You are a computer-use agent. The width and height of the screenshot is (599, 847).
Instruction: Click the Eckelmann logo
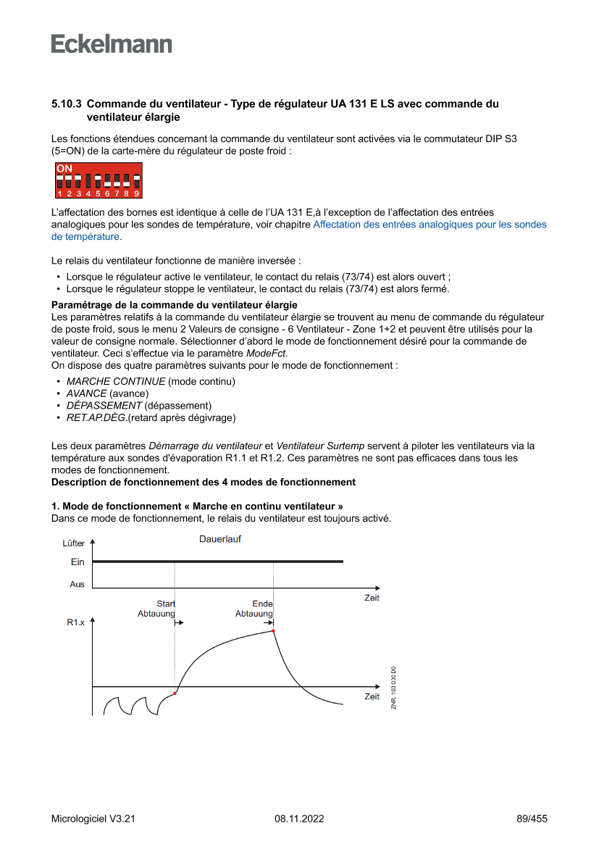[x=112, y=43]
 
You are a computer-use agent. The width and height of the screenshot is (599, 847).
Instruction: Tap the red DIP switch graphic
[x=99, y=181]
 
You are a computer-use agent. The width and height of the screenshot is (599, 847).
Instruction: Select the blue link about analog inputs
[x=430, y=225]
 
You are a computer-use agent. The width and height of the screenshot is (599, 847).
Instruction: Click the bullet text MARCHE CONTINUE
[x=116, y=381]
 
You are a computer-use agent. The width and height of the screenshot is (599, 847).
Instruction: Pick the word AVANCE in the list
[x=86, y=393]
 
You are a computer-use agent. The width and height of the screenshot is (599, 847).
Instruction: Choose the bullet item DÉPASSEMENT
[x=104, y=406]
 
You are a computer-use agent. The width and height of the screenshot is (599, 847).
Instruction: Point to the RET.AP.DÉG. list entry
[x=96, y=418]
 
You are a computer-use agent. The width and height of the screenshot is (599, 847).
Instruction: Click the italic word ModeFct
[x=266, y=354]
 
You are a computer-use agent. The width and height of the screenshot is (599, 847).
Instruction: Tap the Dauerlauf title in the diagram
[x=220, y=539]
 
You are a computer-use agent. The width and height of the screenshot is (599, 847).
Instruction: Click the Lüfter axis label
[x=73, y=543]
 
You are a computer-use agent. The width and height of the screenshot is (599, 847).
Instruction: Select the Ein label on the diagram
[x=78, y=562]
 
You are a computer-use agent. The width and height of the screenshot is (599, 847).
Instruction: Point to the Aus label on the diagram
[x=77, y=585]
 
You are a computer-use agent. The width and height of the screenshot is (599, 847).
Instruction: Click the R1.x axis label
[x=75, y=622]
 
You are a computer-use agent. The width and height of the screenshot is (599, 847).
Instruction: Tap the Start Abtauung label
[x=157, y=609]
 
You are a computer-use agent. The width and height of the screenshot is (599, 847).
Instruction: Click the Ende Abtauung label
[x=254, y=609]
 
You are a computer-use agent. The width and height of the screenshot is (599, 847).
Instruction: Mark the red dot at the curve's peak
[x=273, y=631]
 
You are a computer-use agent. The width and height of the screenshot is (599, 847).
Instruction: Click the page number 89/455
[x=532, y=819]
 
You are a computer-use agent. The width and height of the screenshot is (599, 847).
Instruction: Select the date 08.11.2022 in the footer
[x=299, y=819]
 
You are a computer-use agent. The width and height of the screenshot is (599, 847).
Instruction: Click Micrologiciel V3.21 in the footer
[x=93, y=819]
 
